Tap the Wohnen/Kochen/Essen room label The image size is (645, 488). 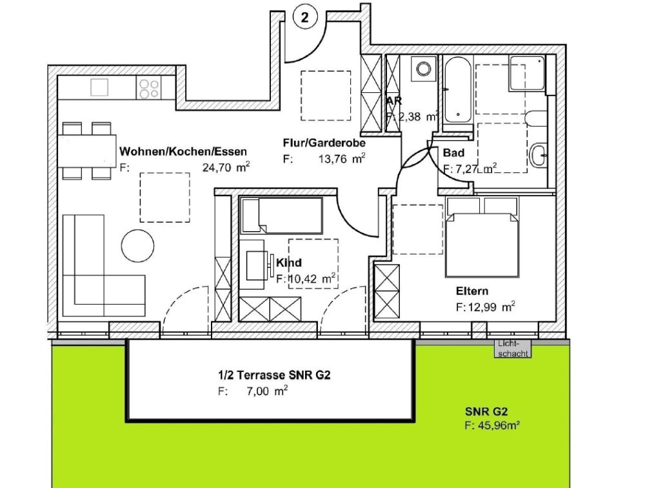point(183,152)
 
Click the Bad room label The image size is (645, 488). point(454,154)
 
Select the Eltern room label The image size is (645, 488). point(472,291)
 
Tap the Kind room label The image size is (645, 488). point(289,263)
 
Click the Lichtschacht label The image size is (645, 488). point(512,349)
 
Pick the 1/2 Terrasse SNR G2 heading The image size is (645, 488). point(273,376)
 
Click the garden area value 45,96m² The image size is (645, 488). point(492,425)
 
